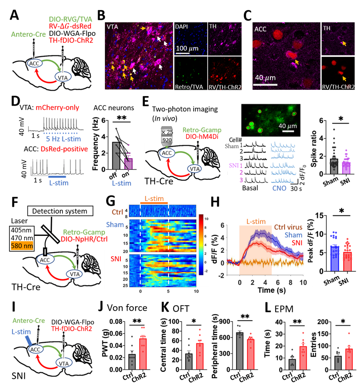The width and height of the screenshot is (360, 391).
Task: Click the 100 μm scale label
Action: click(186, 49)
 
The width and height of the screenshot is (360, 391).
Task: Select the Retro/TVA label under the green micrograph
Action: click(188, 87)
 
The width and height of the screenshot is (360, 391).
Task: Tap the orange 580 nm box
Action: click(21, 245)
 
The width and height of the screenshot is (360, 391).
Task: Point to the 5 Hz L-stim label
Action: click(62, 138)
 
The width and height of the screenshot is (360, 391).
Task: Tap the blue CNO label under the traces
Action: click(280, 188)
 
